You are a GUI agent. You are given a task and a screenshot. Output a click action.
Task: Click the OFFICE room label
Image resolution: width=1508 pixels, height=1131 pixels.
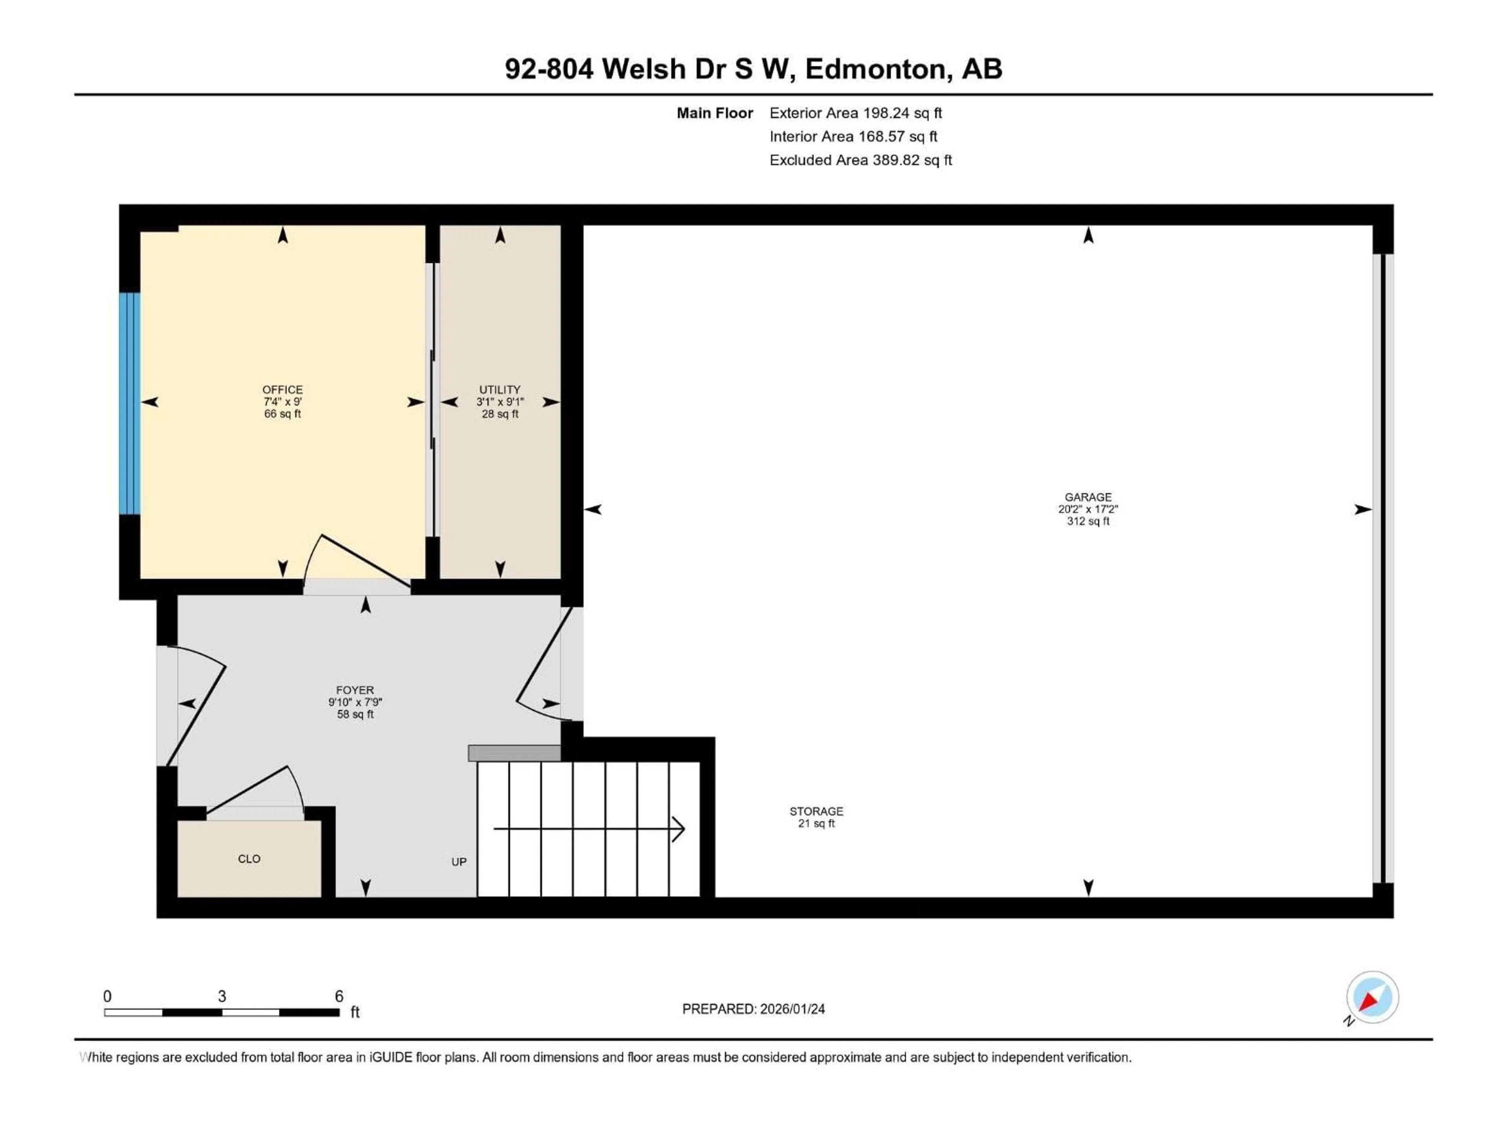coord(282,390)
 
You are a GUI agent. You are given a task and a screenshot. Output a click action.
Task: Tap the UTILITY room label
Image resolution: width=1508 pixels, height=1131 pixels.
coord(500,390)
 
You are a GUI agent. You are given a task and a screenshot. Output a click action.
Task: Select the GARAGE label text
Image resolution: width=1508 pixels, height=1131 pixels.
coord(1088,498)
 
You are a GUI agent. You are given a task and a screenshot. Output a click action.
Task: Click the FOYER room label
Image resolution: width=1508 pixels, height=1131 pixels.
coord(355,690)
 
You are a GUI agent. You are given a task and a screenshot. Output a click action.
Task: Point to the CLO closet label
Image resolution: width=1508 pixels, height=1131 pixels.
coord(249,859)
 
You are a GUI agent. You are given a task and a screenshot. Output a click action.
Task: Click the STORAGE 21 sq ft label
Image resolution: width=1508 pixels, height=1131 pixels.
coord(816,817)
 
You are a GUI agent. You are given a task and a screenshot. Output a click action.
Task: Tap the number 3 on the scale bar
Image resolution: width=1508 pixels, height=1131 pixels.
coord(221,996)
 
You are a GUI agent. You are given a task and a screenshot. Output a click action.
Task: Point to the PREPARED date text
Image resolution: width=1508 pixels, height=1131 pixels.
coord(753,1009)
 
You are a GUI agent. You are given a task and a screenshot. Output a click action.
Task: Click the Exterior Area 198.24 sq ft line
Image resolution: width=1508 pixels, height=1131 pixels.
coord(856,113)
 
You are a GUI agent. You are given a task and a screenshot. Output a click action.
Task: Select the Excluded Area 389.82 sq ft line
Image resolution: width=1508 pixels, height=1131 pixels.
coord(860,160)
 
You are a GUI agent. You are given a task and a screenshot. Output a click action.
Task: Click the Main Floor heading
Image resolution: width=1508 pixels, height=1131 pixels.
coord(714,113)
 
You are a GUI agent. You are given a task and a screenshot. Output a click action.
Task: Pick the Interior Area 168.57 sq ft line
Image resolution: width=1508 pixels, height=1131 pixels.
coord(853,136)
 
